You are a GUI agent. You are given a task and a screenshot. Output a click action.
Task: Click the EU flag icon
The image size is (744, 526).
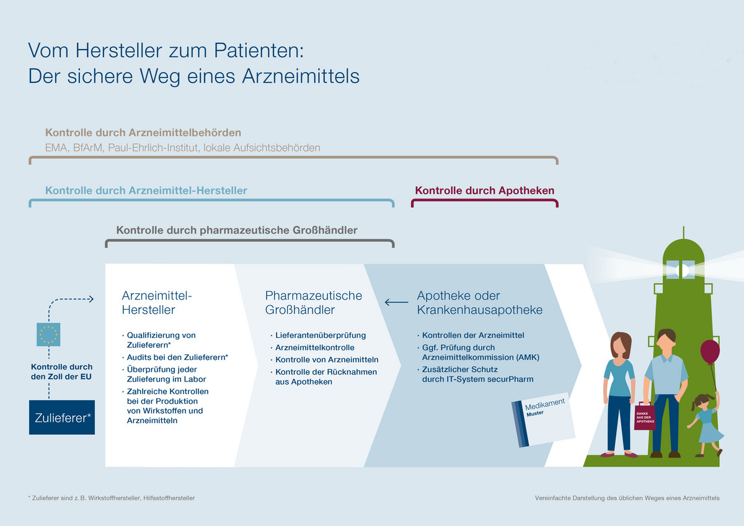point(48,334)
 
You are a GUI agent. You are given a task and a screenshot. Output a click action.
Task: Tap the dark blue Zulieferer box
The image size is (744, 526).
point(62,417)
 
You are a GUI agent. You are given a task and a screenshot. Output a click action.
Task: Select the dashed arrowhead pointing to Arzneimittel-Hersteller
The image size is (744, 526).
point(91,299)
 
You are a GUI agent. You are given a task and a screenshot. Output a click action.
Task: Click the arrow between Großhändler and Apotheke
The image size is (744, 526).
point(396,302)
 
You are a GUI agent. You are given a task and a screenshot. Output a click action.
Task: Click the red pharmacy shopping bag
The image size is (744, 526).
point(645,417)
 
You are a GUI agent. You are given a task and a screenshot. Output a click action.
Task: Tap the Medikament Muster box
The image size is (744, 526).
point(543,420)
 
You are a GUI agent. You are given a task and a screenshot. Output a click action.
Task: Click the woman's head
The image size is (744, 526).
point(621,344)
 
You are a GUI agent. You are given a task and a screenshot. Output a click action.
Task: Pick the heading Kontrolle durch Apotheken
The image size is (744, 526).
point(485,190)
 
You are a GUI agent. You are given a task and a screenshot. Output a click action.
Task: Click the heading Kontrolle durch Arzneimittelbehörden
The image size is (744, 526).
point(143,133)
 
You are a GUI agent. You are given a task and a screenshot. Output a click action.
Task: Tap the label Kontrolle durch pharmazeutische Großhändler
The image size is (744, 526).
point(237,230)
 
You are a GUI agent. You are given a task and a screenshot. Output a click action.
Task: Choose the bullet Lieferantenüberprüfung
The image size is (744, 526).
point(321,336)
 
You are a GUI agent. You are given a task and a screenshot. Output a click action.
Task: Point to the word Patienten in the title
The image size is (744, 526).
point(259,50)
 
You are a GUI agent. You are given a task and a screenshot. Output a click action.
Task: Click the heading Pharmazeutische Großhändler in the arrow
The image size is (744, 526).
point(314,302)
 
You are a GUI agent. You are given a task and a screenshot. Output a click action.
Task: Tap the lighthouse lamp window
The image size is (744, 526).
point(681,269)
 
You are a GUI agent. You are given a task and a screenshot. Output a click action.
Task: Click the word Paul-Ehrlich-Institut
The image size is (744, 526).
point(154,148)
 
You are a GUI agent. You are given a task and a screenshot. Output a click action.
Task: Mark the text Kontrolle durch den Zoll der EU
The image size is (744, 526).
point(61,372)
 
